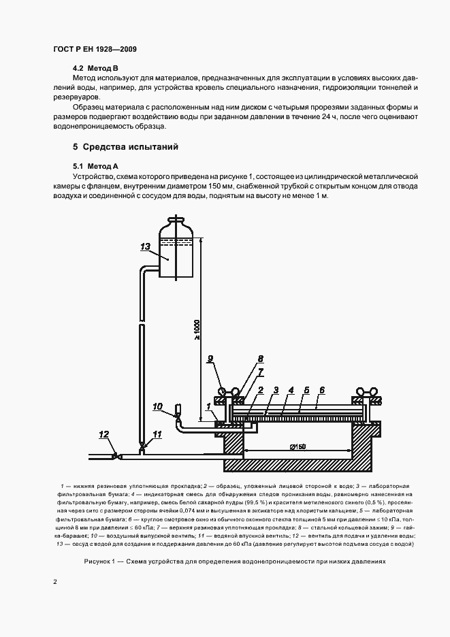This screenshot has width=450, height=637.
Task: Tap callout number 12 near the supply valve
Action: click(104, 434)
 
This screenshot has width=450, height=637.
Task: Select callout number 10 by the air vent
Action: click(157, 407)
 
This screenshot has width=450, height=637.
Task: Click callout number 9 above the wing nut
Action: click(210, 359)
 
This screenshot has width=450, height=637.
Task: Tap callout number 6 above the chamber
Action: click(322, 390)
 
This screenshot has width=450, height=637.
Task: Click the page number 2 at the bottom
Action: click(55, 582)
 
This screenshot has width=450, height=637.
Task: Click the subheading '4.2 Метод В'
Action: click(95, 69)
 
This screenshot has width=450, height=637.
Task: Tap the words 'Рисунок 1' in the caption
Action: click(101, 563)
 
